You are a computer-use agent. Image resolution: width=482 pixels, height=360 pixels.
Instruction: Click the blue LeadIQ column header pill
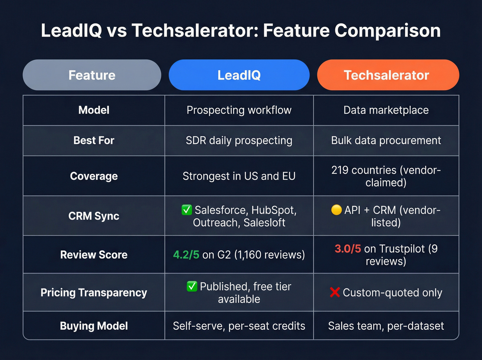(239, 75)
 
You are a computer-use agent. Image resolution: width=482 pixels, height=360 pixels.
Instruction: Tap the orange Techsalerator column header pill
(388, 75)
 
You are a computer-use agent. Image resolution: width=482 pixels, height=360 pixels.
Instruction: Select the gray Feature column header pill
(92, 75)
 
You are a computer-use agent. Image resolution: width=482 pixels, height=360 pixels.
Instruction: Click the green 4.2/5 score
(186, 255)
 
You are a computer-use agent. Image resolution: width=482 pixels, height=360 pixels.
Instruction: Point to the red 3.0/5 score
(348, 248)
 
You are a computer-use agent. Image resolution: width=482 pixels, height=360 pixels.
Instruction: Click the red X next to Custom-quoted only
(335, 292)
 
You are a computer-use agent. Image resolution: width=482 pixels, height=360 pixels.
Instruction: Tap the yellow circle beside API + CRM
(336, 210)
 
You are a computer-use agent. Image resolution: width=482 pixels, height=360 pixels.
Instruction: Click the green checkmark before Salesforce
(187, 210)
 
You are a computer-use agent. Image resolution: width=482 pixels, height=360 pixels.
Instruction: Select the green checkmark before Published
(192, 286)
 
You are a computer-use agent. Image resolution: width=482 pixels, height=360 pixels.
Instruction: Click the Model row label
(94, 110)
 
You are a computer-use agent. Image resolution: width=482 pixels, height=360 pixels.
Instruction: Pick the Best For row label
(94, 141)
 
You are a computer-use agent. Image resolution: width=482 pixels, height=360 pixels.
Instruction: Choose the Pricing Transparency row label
(94, 292)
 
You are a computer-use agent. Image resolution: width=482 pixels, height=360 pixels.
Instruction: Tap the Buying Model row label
(94, 326)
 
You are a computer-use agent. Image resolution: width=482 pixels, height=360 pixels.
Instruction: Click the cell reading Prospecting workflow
(239, 110)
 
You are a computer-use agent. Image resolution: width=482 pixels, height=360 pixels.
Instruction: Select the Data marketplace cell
(386, 110)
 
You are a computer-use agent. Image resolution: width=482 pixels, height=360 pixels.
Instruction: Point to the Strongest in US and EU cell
(239, 176)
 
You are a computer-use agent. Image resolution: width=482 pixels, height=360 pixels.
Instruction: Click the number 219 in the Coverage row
(340, 170)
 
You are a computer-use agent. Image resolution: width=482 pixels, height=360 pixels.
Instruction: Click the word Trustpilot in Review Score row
(402, 248)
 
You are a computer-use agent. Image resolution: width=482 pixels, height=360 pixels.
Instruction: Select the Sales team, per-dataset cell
(386, 326)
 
